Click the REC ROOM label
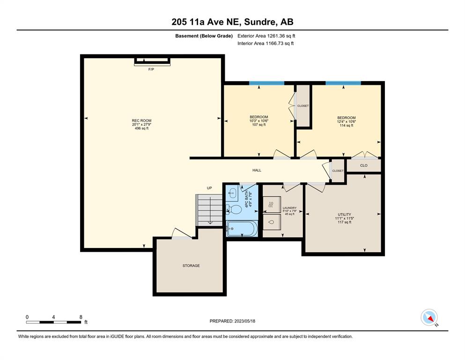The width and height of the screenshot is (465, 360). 141,120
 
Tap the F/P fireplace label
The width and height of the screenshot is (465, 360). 151,69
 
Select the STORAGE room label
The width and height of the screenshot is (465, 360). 191,266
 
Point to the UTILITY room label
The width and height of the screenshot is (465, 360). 344,214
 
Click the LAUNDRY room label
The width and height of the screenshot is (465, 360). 289,208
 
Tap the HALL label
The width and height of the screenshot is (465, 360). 257,170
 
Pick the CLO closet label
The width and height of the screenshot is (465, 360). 363,165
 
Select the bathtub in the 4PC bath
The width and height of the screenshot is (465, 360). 242,229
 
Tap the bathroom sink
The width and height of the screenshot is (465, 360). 232,193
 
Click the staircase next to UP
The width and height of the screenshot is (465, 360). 209,210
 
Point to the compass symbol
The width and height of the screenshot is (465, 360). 429,317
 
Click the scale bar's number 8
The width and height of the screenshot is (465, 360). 81,317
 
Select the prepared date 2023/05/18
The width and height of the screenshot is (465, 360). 244,321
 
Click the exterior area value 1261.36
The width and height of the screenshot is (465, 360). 276,36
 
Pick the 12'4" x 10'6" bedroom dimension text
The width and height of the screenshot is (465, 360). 347,122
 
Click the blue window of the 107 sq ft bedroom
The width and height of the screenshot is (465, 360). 266,83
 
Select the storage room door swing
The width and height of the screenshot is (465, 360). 182,233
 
